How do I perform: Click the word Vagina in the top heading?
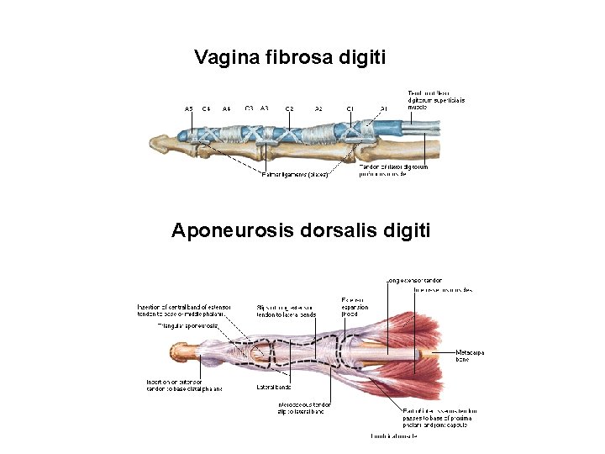tap(226, 58)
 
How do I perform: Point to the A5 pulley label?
tap(189, 109)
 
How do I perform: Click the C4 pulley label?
tap(206, 109)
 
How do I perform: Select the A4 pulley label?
tap(227, 109)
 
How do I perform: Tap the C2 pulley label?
tap(289, 109)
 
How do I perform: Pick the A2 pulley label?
tap(318, 109)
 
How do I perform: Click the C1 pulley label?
tap(350, 109)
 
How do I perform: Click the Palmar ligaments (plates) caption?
tap(294, 175)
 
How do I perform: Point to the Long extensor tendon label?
tap(413, 280)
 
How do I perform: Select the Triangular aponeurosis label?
tap(188, 325)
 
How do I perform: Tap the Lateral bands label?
tap(273, 388)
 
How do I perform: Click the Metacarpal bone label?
tap(469, 356)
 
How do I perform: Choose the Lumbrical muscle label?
tap(395, 436)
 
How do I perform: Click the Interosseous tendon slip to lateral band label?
tap(304, 408)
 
